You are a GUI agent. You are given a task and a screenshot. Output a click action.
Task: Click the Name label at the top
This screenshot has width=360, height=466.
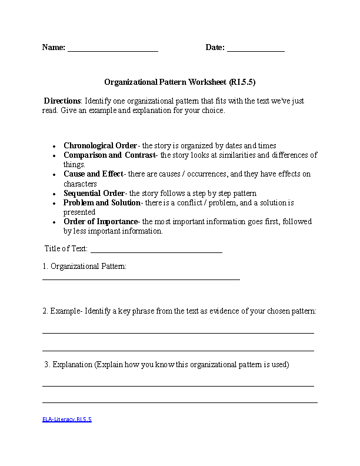(x=53, y=48)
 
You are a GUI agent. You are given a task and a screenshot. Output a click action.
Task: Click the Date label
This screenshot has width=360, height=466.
(x=215, y=48)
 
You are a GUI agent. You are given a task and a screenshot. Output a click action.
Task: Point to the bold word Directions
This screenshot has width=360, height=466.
(x=62, y=101)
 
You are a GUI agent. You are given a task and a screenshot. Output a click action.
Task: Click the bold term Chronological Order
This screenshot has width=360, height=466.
(x=100, y=145)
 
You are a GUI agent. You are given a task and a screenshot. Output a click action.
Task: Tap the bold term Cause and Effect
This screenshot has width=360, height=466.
(x=94, y=174)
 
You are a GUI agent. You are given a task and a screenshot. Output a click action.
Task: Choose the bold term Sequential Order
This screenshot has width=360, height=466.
(x=94, y=193)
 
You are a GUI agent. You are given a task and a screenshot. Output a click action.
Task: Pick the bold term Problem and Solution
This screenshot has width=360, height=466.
(x=102, y=202)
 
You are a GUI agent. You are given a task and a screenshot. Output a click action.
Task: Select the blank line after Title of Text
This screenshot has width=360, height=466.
(x=156, y=251)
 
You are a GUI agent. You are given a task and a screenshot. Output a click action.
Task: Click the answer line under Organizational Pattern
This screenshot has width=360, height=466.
(x=141, y=279)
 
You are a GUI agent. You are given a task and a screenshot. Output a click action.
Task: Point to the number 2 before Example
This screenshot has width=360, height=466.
(x=45, y=311)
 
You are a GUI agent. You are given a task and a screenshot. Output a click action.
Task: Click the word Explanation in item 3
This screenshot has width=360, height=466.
(x=72, y=364)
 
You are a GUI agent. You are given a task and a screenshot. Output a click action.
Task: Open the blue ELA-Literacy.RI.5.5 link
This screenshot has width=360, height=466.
(x=66, y=420)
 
